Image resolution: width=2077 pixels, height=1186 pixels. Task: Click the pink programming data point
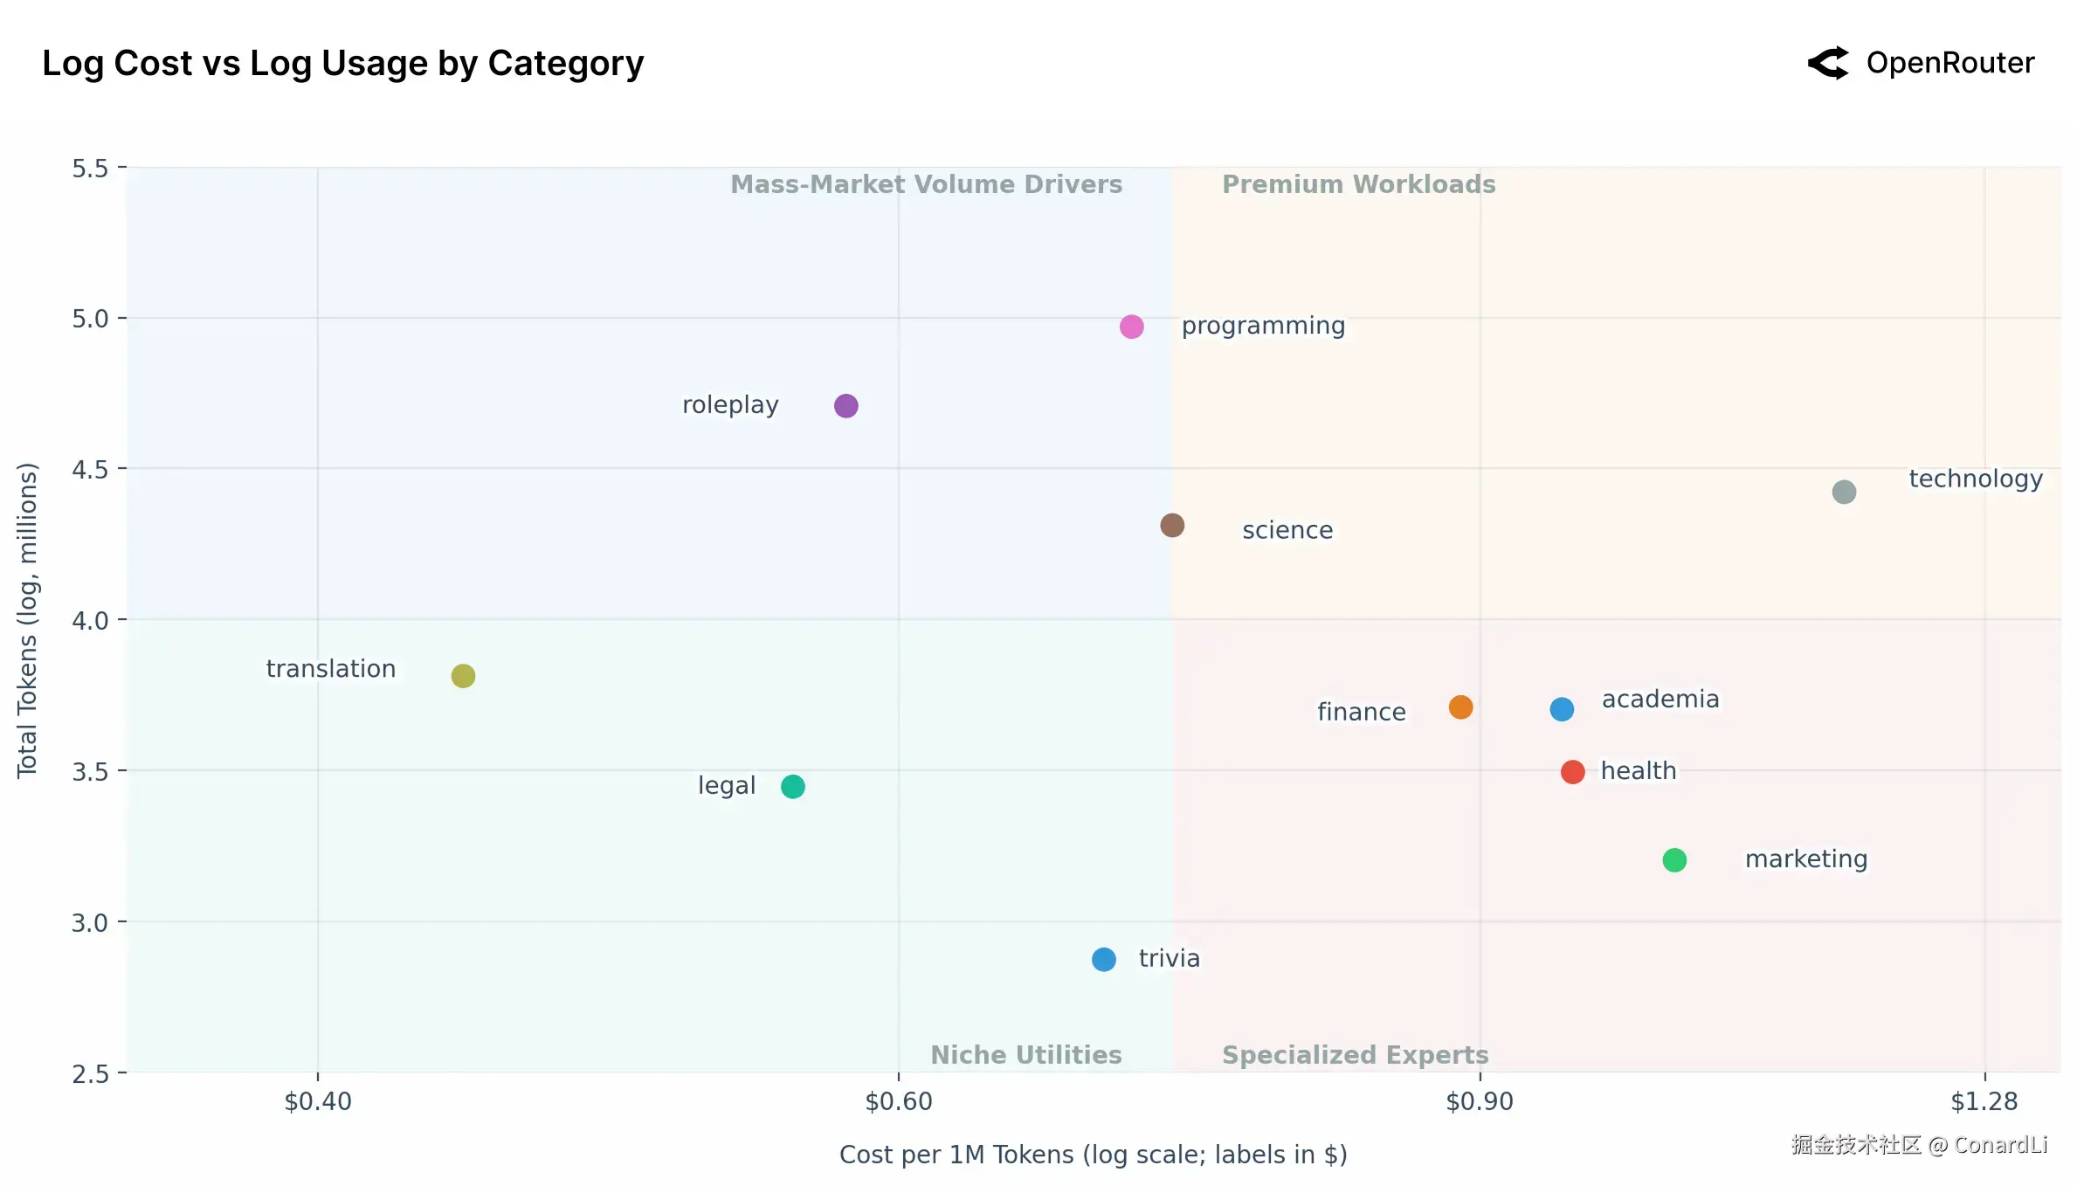pyautogui.click(x=1131, y=327)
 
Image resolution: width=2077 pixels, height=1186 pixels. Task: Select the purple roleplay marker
pyautogui.click(x=845, y=406)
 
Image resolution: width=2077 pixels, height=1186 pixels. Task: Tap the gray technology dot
pyautogui.click(x=1844, y=493)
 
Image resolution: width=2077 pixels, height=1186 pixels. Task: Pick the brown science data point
pyautogui.click(x=1172, y=526)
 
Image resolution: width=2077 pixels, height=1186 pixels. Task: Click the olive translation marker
pyautogui.click(x=463, y=676)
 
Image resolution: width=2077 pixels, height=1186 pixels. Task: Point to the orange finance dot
pyautogui.click(x=1460, y=707)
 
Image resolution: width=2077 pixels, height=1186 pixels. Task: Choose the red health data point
pyautogui.click(x=1572, y=772)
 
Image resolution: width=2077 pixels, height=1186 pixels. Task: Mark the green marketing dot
pyautogui.click(x=1674, y=860)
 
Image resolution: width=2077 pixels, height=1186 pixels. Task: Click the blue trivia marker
pyautogui.click(x=1104, y=960)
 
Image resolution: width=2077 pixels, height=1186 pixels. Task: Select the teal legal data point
pyautogui.click(x=793, y=787)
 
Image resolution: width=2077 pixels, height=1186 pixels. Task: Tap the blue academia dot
pyautogui.click(x=1562, y=709)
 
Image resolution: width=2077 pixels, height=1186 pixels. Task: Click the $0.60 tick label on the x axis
pyautogui.click(x=899, y=1102)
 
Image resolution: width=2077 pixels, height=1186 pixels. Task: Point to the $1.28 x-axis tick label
pyautogui.click(x=1984, y=1102)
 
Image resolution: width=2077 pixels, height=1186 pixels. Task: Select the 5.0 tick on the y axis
pyautogui.click(x=90, y=319)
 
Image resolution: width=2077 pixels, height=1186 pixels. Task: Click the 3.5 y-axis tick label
pyautogui.click(x=90, y=772)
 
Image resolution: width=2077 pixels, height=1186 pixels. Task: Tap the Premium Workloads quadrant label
pyautogui.click(x=1358, y=184)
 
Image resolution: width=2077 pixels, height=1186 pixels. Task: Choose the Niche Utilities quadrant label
pyautogui.click(x=1025, y=1055)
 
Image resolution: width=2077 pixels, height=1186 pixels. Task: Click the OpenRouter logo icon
pyautogui.click(x=1828, y=63)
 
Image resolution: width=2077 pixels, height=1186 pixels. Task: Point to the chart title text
pyautogui.click(x=342, y=64)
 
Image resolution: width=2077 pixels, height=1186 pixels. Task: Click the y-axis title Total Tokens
pyautogui.click(x=28, y=619)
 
